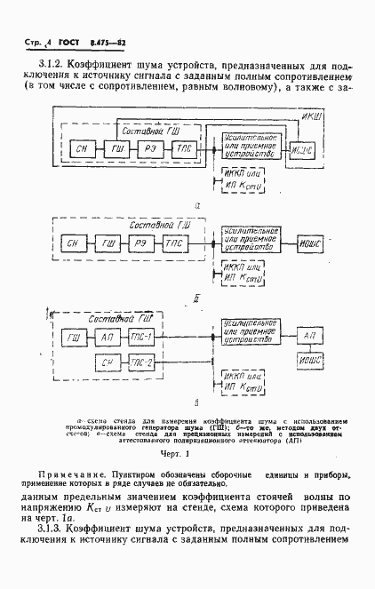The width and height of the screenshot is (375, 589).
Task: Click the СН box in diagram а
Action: pyautogui.click(x=83, y=149)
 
